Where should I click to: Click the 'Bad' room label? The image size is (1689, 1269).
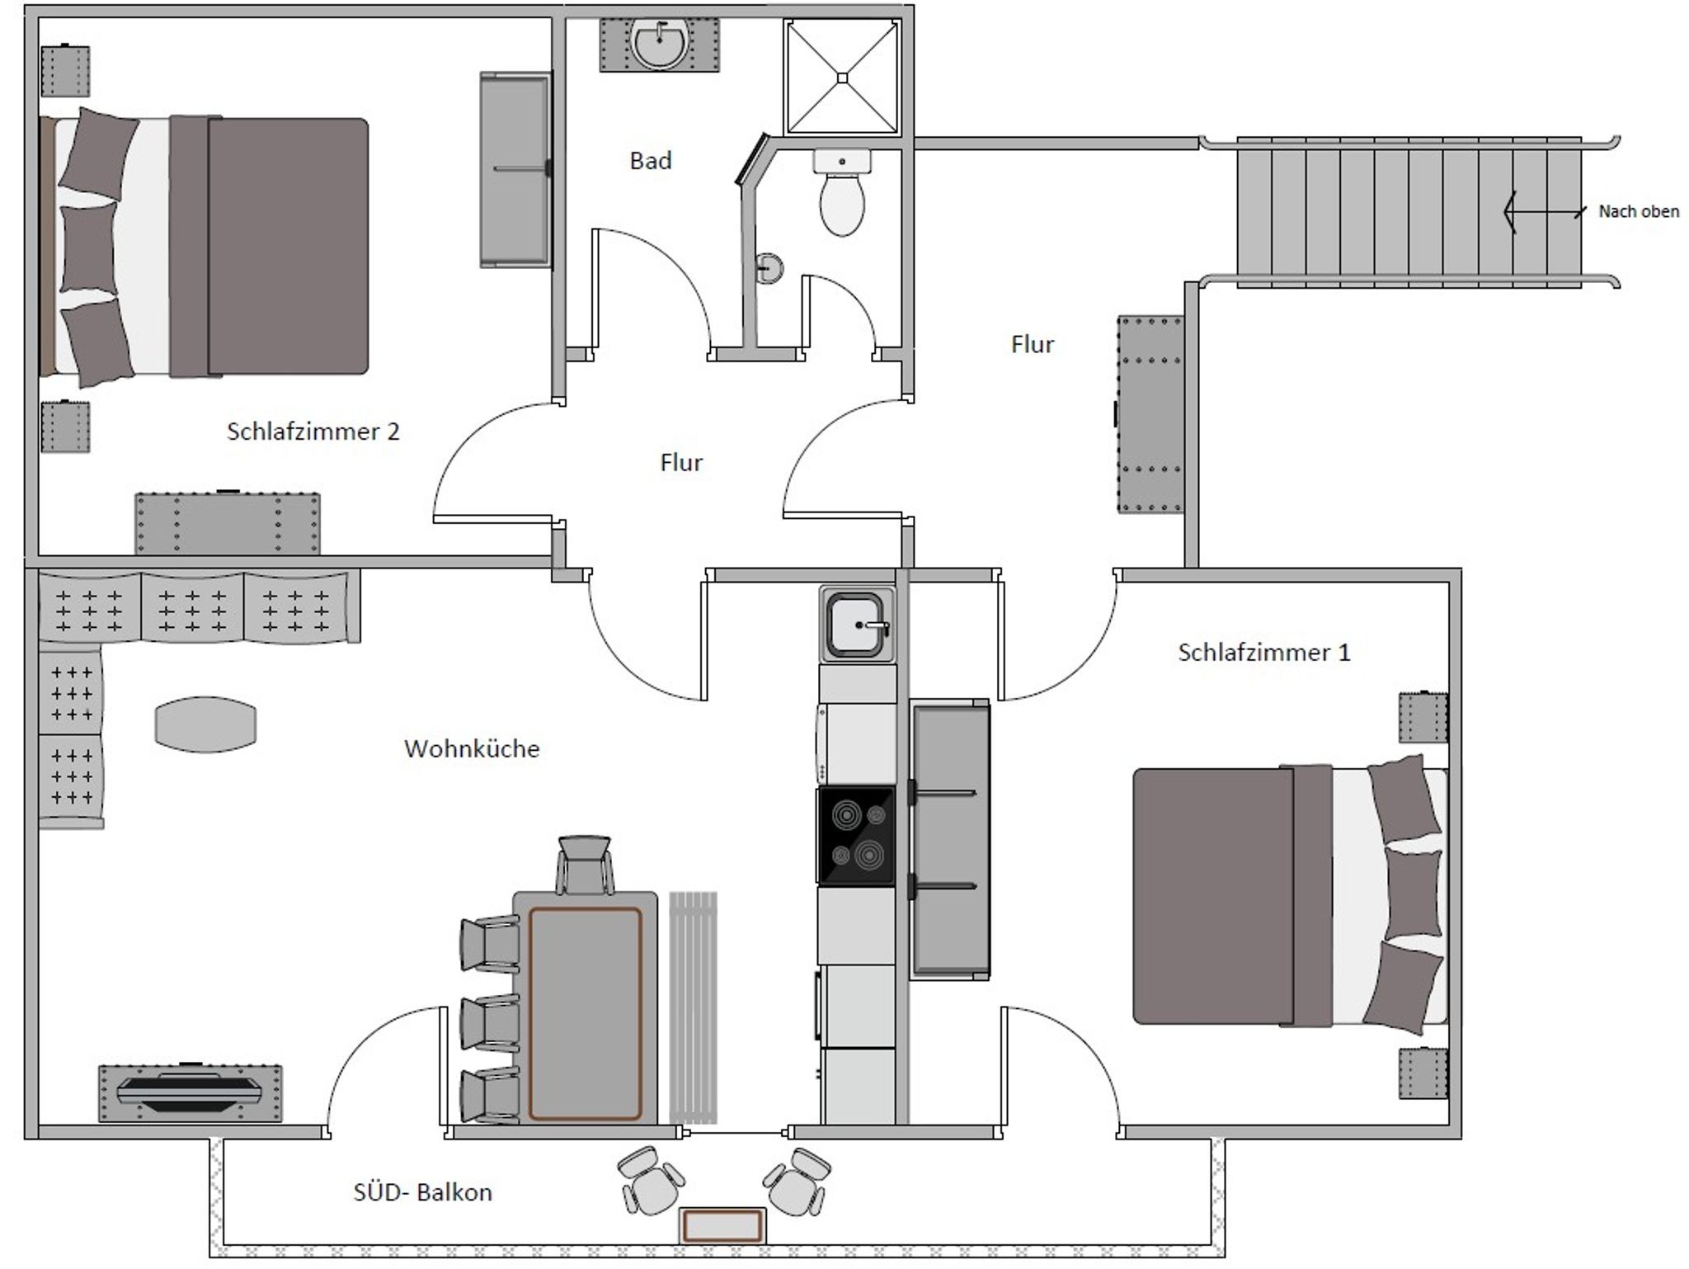(x=651, y=160)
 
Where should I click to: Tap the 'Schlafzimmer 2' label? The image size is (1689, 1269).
(x=313, y=432)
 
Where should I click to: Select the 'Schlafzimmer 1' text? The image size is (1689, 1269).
(x=1264, y=653)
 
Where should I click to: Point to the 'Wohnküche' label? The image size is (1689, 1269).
(x=472, y=748)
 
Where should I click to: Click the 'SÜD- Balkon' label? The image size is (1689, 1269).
(x=423, y=1192)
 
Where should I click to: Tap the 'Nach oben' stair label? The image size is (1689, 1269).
(x=1639, y=211)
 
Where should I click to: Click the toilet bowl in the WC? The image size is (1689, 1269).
(x=842, y=204)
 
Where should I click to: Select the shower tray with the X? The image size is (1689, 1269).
(x=842, y=78)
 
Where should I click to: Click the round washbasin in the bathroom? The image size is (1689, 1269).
(x=659, y=45)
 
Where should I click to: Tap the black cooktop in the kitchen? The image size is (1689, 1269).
(x=856, y=836)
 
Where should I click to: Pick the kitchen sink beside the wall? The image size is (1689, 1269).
(x=858, y=625)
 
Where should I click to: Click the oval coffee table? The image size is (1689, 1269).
(x=205, y=724)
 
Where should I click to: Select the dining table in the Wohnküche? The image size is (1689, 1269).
(x=586, y=1007)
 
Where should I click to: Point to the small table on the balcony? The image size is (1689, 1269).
(x=722, y=1225)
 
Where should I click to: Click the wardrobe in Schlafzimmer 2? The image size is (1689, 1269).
(x=515, y=169)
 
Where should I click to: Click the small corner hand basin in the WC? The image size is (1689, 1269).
(x=769, y=267)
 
